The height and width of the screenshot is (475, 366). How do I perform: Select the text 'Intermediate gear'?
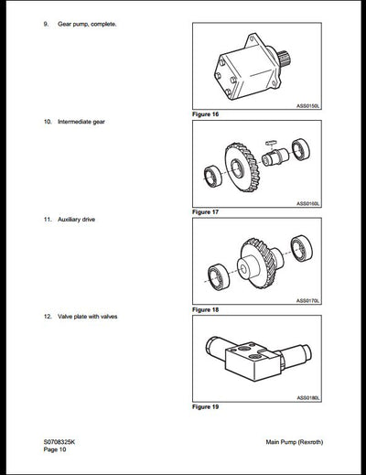coord(83,121)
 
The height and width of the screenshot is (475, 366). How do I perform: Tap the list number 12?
coord(47,317)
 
